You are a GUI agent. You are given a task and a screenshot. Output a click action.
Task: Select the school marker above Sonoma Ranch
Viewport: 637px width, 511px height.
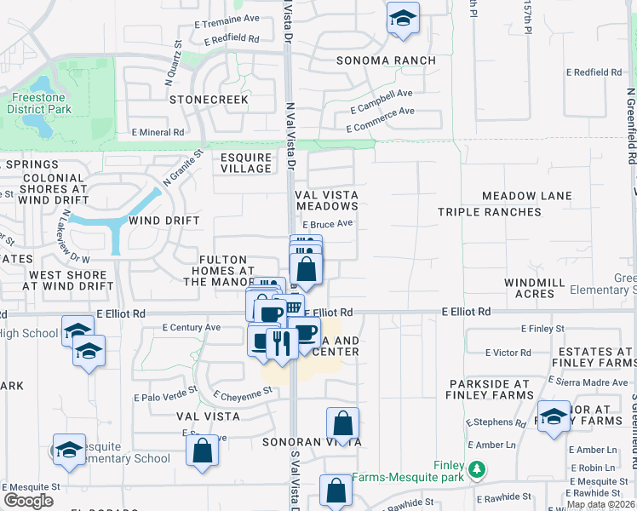pos(403,19)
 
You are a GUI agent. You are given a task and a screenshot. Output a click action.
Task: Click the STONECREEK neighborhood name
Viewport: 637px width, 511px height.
pos(209,100)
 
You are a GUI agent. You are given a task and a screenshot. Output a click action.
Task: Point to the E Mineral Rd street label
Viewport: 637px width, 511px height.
pos(158,132)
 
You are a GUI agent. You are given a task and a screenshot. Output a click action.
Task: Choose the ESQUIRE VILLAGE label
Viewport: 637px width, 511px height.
pos(246,163)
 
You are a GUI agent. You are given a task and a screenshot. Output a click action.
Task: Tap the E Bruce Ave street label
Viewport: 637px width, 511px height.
pos(327,224)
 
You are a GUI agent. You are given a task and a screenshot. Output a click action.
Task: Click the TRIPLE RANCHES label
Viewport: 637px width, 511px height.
pos(490,211)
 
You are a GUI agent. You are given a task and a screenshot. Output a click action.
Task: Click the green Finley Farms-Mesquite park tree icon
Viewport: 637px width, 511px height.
pos(478,468)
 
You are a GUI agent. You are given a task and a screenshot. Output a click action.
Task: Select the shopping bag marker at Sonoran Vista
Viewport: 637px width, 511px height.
pos(342,424)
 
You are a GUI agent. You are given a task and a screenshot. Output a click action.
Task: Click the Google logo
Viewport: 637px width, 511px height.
pos(28,501)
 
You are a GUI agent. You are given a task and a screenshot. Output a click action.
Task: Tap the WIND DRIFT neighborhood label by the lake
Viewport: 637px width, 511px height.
pos(164,221)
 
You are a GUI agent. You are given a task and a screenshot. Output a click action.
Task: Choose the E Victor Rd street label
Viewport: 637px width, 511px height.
pos(508,352)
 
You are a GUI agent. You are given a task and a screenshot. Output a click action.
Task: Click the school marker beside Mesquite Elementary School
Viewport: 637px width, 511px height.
pos(69,451)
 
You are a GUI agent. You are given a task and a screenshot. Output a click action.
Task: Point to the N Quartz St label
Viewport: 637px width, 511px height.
pos(173,55)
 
